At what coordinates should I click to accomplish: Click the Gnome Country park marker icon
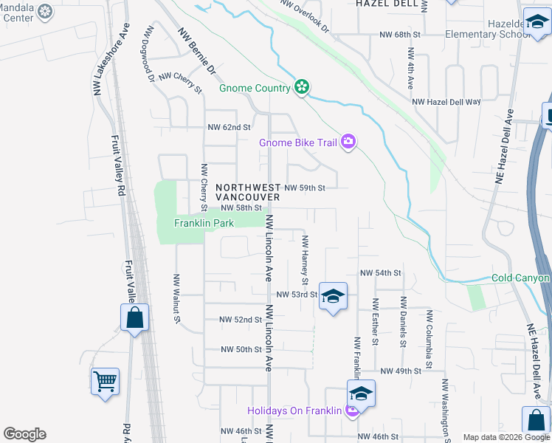point(301,88)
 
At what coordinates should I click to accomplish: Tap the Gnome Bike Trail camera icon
point(348,142)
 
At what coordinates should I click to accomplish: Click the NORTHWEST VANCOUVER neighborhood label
point(248,193)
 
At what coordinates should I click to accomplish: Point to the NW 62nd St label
point(229,128)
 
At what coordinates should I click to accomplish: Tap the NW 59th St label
point(305,188)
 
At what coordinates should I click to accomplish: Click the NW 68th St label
point(399,35)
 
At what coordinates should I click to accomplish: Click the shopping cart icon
point(106,382)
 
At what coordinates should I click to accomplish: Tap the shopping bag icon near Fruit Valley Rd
point(135,318)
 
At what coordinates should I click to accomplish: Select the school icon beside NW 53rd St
point(333,296)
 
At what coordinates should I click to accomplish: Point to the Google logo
point(24,434)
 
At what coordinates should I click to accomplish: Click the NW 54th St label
point(380,273)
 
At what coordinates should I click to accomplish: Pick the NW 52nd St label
point(241,320)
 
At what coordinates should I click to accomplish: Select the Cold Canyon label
point(520,278)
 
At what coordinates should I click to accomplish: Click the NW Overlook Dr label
point(304,15)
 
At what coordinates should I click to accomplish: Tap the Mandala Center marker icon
point(45,12)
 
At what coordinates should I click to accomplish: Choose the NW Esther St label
point(376,321)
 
